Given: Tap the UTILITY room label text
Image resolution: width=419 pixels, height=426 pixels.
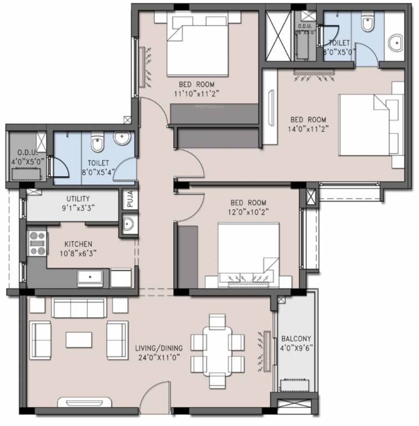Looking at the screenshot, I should click(78, 199).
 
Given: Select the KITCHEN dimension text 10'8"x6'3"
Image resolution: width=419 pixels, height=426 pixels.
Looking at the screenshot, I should click(78, 253).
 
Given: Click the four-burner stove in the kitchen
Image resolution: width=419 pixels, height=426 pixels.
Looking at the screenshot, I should click(37, 243).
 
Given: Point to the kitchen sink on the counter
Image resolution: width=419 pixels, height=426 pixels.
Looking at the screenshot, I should click(89, 277).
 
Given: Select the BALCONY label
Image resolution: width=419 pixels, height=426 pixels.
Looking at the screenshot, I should click(296, 339).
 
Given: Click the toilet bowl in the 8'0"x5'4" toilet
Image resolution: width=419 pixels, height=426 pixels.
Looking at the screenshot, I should click(97, 144).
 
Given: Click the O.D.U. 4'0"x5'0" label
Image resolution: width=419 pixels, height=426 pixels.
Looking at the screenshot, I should click(26, 156).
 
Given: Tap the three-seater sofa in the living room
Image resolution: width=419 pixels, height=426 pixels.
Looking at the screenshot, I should click(78, 307).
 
